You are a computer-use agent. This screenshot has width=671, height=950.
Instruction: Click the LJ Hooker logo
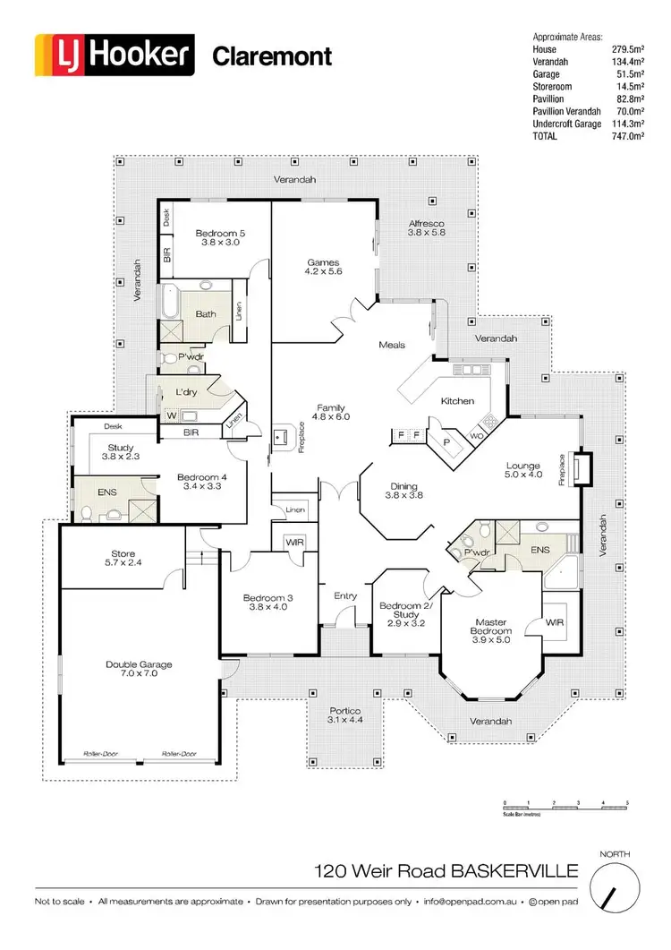(113, 55)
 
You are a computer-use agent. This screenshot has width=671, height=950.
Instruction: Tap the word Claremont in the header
(271, 56)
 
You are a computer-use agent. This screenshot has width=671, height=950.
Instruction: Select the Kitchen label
(457, 401)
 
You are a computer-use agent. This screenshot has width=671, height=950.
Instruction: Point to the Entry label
(345, 596)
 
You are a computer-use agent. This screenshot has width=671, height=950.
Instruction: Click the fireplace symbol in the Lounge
(582, 468)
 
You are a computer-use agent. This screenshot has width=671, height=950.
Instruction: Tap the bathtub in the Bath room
(169, 304)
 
